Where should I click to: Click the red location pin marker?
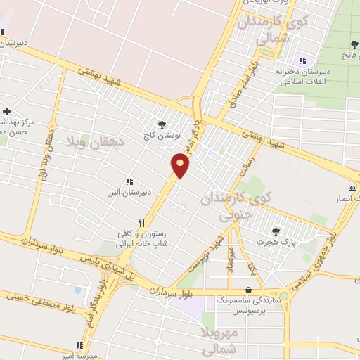click(x=181, y=165)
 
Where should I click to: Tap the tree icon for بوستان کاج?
click(x=162, y=125)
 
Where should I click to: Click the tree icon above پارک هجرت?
click(x=276, y=231)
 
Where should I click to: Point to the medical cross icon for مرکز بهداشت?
click(x=6, y=111)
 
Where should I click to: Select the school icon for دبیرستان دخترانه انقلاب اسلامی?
click(x=302, y=59)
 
